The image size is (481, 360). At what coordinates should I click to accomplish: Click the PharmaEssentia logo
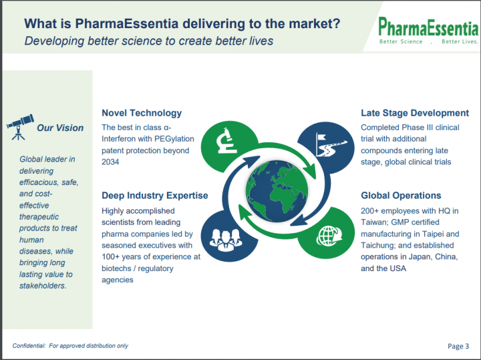click(428, 30)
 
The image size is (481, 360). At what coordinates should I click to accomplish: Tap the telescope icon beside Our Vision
click(20, 128)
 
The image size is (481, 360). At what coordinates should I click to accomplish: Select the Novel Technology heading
click(142, 113)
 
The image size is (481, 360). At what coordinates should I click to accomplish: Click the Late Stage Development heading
click(415, 113)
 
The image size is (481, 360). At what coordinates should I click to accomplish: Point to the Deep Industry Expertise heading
click(155, 195)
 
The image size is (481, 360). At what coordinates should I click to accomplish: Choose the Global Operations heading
click(401, 195)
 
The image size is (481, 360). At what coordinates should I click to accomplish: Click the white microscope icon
click(226, 140)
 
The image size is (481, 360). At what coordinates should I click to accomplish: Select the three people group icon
click(226, 240)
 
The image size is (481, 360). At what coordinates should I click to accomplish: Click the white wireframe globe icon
click(329, 236)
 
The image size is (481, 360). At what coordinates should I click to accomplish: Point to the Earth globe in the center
click(277, 191)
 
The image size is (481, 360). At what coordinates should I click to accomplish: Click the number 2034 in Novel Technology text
click(110, 162)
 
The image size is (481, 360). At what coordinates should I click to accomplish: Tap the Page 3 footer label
click(458, 346)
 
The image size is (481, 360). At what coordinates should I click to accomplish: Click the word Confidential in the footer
click(29, 345)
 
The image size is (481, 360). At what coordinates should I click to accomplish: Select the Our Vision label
click(60, 128)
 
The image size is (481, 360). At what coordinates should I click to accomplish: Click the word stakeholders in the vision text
click(43, 286)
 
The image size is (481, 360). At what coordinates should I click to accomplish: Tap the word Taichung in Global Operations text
click(378, 245)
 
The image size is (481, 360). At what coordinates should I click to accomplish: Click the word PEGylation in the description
click(174, 139)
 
